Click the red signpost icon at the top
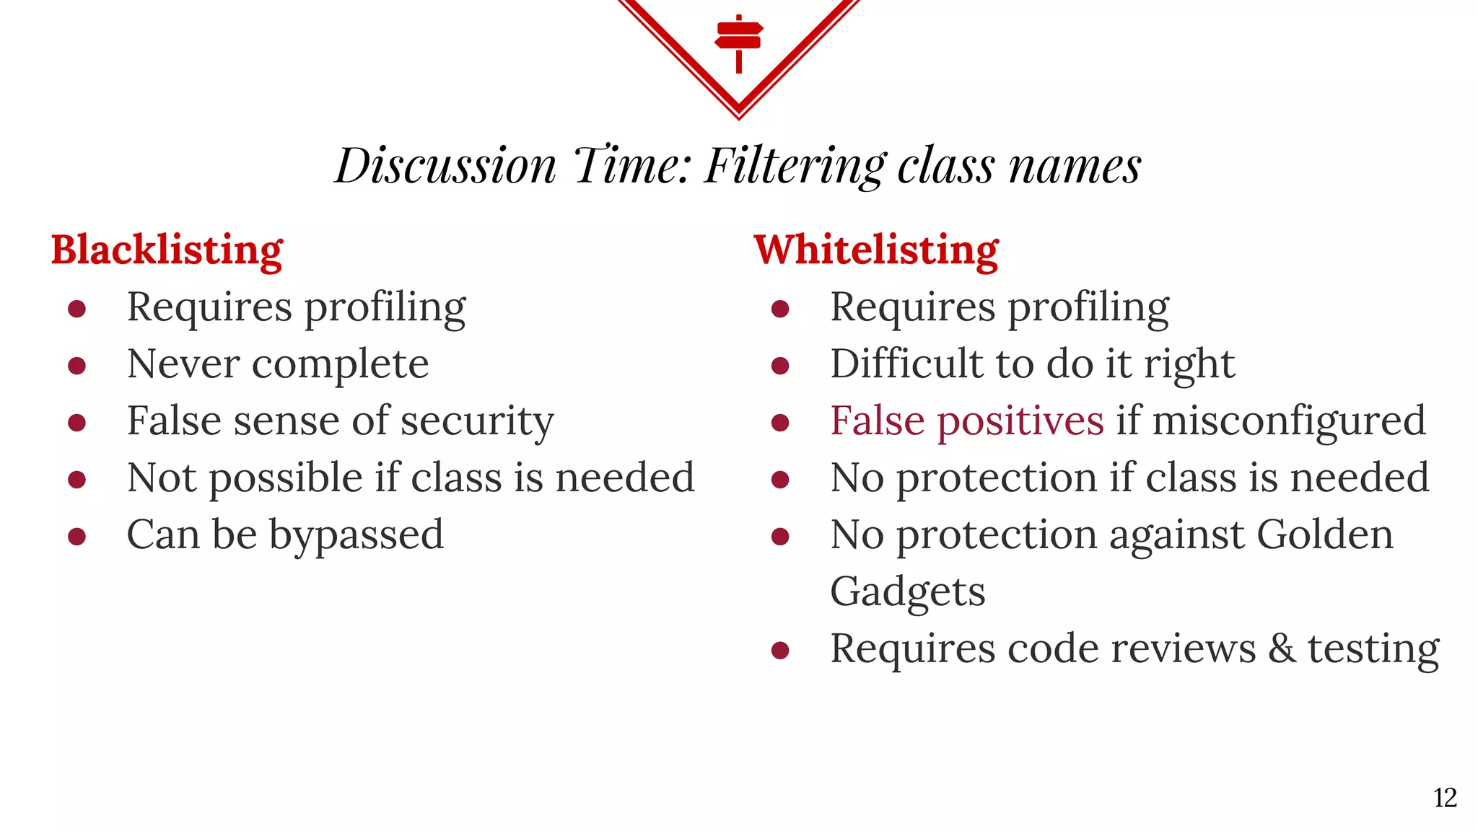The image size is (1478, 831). tap(738, 42)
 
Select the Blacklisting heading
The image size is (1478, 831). tap(167, 250)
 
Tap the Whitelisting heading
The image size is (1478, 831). tap(876, 250)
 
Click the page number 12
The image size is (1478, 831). tap(1445, 798)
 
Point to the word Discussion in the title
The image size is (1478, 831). tap(445, 166)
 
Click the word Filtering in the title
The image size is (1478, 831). tap(795, 166)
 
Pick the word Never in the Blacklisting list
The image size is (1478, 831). tap(183, 364)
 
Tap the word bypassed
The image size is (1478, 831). tap(357, 536)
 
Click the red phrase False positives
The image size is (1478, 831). tap(966, 421)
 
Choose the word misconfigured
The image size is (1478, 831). tap(1289, 422)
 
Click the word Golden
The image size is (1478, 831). tap(1324, 535)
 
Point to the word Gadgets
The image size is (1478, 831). tap(907, 592)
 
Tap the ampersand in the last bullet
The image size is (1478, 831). tap(1282, 648)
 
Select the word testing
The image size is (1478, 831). tap(1373, 649)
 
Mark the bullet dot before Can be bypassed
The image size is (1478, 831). tap(77, 537)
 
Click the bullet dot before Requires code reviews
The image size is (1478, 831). tap(780, 651)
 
